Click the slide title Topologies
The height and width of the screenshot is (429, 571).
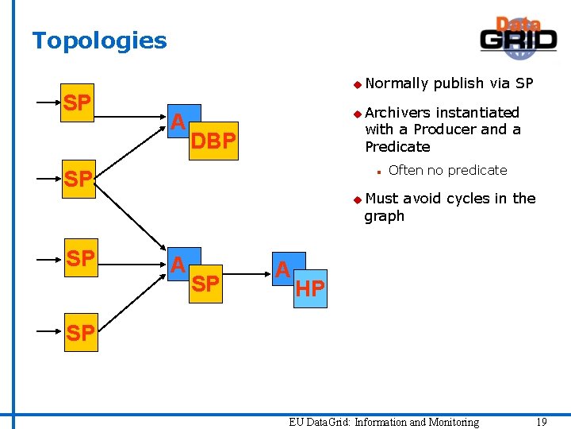(x=99, y=41)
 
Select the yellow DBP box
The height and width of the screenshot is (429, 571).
(x=214, y=141)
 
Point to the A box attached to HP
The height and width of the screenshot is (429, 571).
(x=282, y=269)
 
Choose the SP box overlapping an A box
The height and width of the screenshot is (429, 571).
(x=206, y=284)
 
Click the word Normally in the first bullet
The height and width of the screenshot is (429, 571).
(x=397, y=83)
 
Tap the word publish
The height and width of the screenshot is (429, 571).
(x=458, y=83)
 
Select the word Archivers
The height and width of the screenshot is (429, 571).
(x=398, y=113)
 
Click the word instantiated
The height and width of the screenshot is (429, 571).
(x=477, y=113)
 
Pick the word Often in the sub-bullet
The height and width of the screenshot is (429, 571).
(x=405, y=170)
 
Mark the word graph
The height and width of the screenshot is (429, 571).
(x=384, y=216)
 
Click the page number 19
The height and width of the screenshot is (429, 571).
(x=541, y=422)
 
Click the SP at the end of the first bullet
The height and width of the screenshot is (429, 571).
(x=524, y=83)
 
